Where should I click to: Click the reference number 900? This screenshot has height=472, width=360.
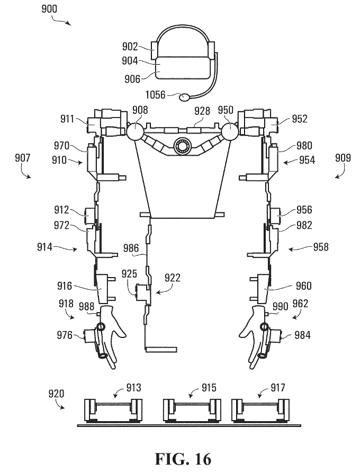[x=49, y=8]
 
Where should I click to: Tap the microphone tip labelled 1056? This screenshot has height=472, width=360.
[x=184, y=97]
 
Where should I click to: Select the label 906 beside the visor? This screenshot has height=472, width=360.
[x=133, y=79]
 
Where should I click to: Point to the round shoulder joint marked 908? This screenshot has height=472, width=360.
[x=135, y=131]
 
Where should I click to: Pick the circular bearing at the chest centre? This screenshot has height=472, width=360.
[x=183, y=147]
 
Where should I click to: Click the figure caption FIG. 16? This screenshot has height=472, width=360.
[x=183, y=459]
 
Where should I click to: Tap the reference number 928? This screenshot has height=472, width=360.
[x=202, y=111]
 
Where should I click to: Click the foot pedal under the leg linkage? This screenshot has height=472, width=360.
[x=161, y=350]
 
